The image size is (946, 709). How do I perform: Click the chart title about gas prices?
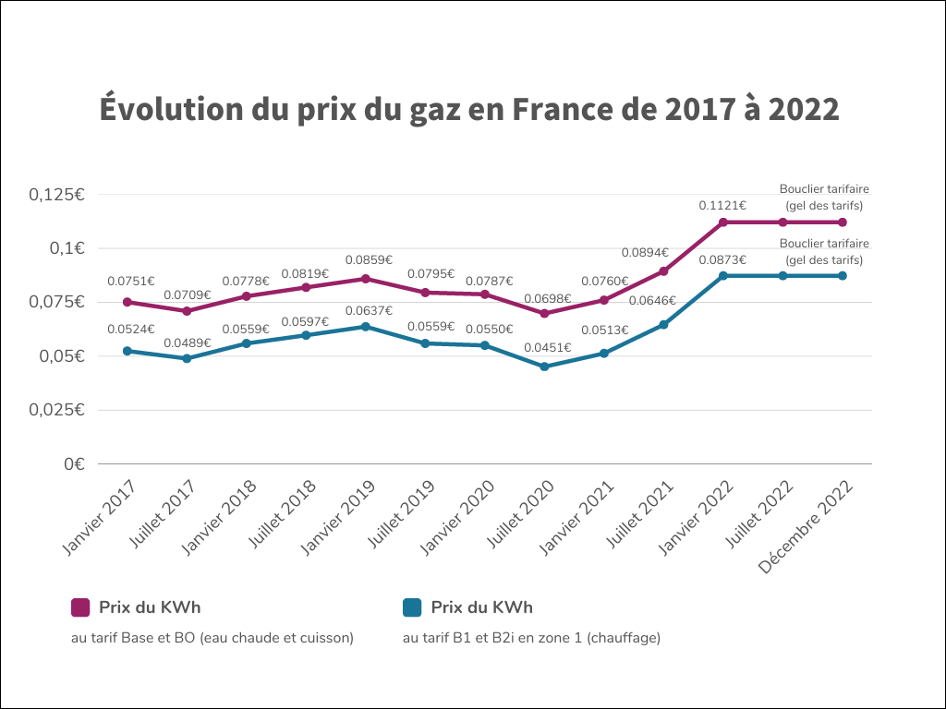point(469,109)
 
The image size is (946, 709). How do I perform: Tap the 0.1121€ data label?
point(723,205)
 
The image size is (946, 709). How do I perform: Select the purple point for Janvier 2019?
point(365,279)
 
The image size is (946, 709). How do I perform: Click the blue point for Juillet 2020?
point(544,367)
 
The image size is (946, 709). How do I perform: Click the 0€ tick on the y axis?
point(74,464)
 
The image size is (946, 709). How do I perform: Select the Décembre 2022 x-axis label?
point(805,528)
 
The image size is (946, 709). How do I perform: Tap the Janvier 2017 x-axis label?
point(100,519)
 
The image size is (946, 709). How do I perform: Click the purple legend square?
point(80,607)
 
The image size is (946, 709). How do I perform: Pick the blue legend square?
point(412,607)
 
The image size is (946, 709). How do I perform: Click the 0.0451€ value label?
point(549,348)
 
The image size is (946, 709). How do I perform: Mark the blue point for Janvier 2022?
point(723,276)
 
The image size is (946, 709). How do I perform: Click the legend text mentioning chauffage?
point(531,637)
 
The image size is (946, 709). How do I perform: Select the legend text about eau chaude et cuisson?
point(212,637)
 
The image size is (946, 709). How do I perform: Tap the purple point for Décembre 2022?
point(843,222)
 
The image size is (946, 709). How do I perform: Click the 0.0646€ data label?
point(652,300)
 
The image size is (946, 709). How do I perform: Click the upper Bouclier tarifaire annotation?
point(824,197)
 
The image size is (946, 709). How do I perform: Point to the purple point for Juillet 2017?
point(187,311)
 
